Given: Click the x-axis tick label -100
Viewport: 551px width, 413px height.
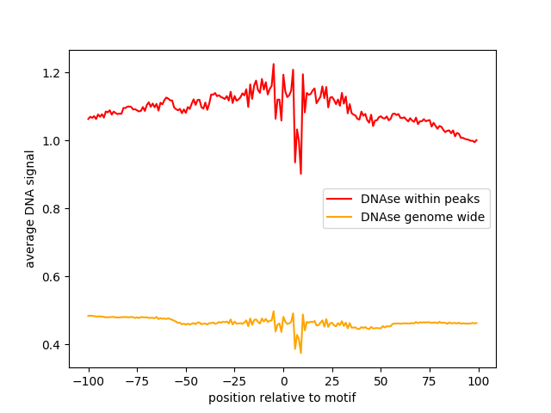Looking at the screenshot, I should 88,381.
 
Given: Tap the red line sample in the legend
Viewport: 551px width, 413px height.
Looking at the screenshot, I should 341,199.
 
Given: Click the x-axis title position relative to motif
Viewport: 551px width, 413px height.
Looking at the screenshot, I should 282,398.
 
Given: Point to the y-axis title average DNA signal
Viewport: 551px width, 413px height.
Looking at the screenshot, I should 30,209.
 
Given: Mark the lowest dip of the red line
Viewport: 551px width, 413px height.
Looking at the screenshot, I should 300,174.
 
